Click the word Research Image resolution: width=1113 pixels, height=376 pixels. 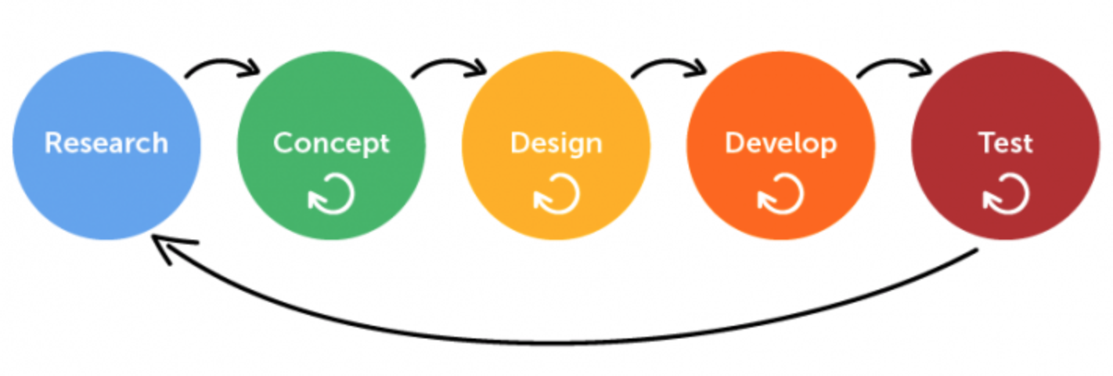tap(106, 143)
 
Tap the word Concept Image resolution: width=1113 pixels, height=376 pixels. tap(331, 143)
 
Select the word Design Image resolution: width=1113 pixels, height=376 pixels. tap(556, 143)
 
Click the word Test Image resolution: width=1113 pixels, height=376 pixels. tap(1005, 143)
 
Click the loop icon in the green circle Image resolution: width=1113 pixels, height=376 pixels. tap(332, 193)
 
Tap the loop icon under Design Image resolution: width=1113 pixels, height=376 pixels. tap(556, 193)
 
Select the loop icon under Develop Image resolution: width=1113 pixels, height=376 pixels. tap(781, 193)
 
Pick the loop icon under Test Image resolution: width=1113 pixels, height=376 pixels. tap(1006, 193)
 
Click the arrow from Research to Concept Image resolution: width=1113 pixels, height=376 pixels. tap(222, 65)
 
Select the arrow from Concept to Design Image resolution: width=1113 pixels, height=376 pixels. tap(449, 65)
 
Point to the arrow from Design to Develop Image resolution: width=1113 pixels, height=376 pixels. tap(670, 65)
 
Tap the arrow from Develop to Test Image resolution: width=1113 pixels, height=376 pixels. tap(895, 65)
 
